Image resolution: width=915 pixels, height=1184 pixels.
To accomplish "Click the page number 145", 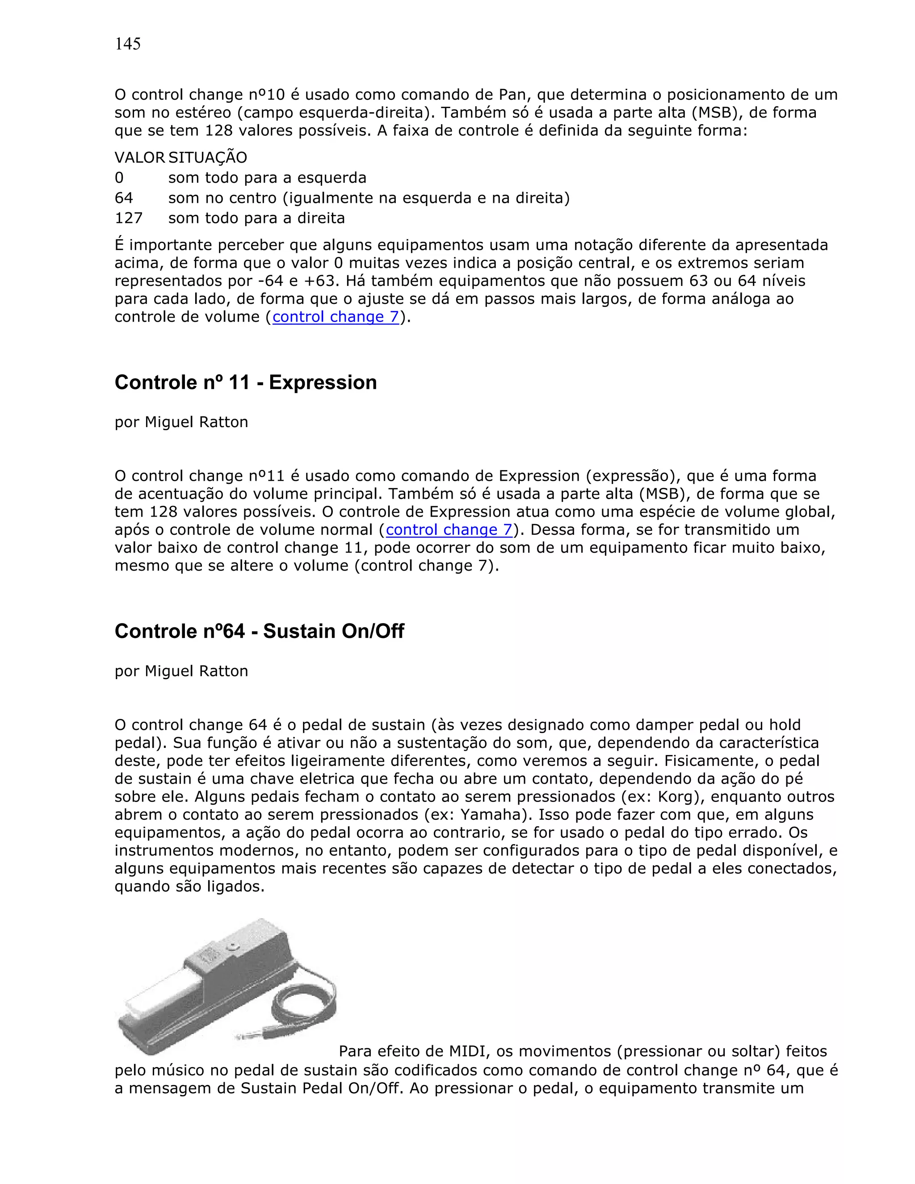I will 127,44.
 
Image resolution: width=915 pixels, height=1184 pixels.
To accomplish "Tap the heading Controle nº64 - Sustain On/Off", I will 259,631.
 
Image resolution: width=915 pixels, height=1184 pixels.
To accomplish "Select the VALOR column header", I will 139,158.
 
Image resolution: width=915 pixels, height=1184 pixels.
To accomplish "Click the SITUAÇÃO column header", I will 208,158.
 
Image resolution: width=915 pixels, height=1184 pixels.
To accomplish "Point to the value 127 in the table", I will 129,218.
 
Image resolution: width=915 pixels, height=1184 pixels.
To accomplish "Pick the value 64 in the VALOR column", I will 124,198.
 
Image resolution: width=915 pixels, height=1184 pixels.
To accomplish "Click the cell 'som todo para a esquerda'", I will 267,178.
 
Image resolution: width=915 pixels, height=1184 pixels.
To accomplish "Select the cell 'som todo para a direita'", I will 256,218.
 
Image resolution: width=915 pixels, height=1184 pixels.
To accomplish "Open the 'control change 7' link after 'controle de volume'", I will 336,317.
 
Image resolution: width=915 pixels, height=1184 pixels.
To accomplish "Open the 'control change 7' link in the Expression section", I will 449,529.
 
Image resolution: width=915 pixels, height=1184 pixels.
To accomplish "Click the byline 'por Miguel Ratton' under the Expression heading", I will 181,422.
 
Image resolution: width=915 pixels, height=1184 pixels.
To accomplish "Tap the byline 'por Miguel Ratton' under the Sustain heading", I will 181,671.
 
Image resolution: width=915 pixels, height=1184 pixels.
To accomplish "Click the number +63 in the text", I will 323,281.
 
